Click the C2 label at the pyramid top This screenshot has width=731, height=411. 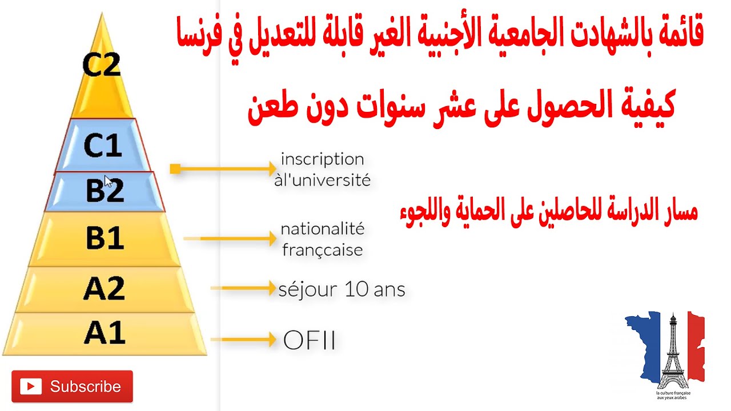point(102,65)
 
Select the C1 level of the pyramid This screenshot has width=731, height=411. point(103,146)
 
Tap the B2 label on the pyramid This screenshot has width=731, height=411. point(105,191)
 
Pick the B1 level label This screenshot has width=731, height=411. point(105,238)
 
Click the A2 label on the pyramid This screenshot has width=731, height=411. point(104,288)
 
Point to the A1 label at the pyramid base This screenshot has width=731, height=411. point(104,333)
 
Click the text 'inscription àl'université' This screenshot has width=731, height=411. point(322,170)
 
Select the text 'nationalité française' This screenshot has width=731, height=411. point(322,239)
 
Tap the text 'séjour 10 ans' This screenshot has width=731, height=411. point(342,289)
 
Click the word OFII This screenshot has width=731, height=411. point(309,341)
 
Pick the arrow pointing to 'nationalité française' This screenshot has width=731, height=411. point(231,239)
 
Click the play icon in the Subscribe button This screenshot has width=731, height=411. point(31,386)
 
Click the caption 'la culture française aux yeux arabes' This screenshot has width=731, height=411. point(672,395)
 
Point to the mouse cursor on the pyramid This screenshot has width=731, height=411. point(108,182)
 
